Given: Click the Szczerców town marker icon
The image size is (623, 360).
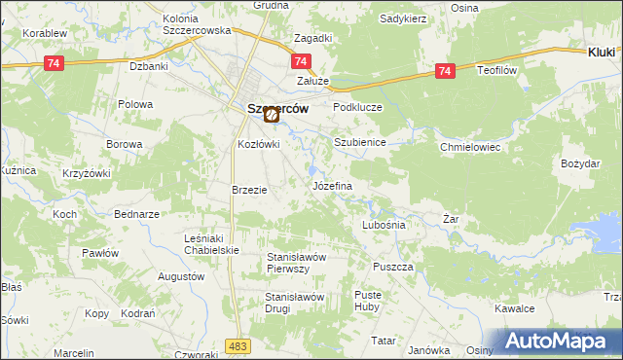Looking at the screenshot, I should pos(272,115).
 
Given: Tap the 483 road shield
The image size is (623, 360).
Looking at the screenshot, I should pos(237,345).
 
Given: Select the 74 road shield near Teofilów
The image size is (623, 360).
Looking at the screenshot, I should pos(445,71).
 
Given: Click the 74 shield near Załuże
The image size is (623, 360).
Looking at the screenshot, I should pos(298,61).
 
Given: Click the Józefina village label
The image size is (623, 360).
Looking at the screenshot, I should pos(331,185).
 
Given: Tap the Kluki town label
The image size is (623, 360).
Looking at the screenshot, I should pos(602,52).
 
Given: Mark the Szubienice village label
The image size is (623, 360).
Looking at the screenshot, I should pos(360,142).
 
